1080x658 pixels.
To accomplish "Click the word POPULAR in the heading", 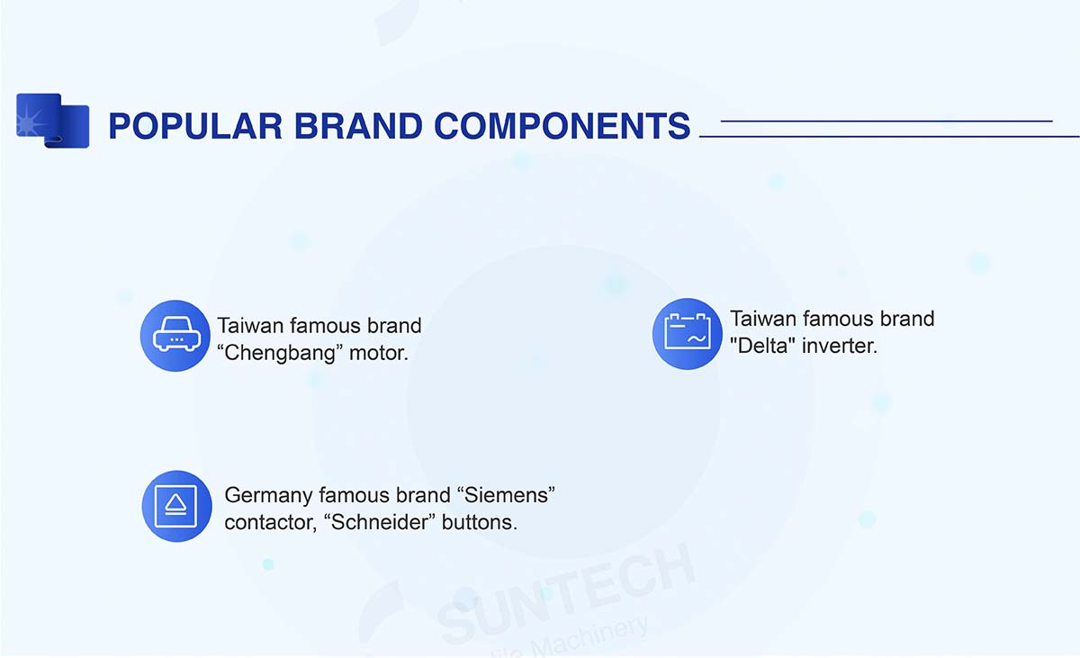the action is [x=195, y=126].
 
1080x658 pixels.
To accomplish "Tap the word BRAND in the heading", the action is [x=358, y=126].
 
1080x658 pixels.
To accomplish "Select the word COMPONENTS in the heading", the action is [x=562, y=126].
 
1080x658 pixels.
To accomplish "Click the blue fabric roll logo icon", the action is [x=52, y=121].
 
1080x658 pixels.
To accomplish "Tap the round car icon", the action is [x=175, y=336].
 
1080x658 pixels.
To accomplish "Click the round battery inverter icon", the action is [x=687, y=334].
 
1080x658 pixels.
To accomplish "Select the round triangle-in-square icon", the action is [x=177, y=506].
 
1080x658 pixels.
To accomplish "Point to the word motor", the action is [x=379, y=354].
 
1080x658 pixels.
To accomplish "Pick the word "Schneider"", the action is [x=380, y=522].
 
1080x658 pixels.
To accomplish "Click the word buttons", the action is [x=479, y=523].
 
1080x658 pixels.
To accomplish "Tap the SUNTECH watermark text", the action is [x=566, y=595].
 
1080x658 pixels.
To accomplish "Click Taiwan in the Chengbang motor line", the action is [x=250, y=326].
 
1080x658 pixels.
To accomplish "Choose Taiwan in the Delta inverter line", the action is [x=763, y=320].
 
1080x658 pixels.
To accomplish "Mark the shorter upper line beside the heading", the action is [x=886, y=121].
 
